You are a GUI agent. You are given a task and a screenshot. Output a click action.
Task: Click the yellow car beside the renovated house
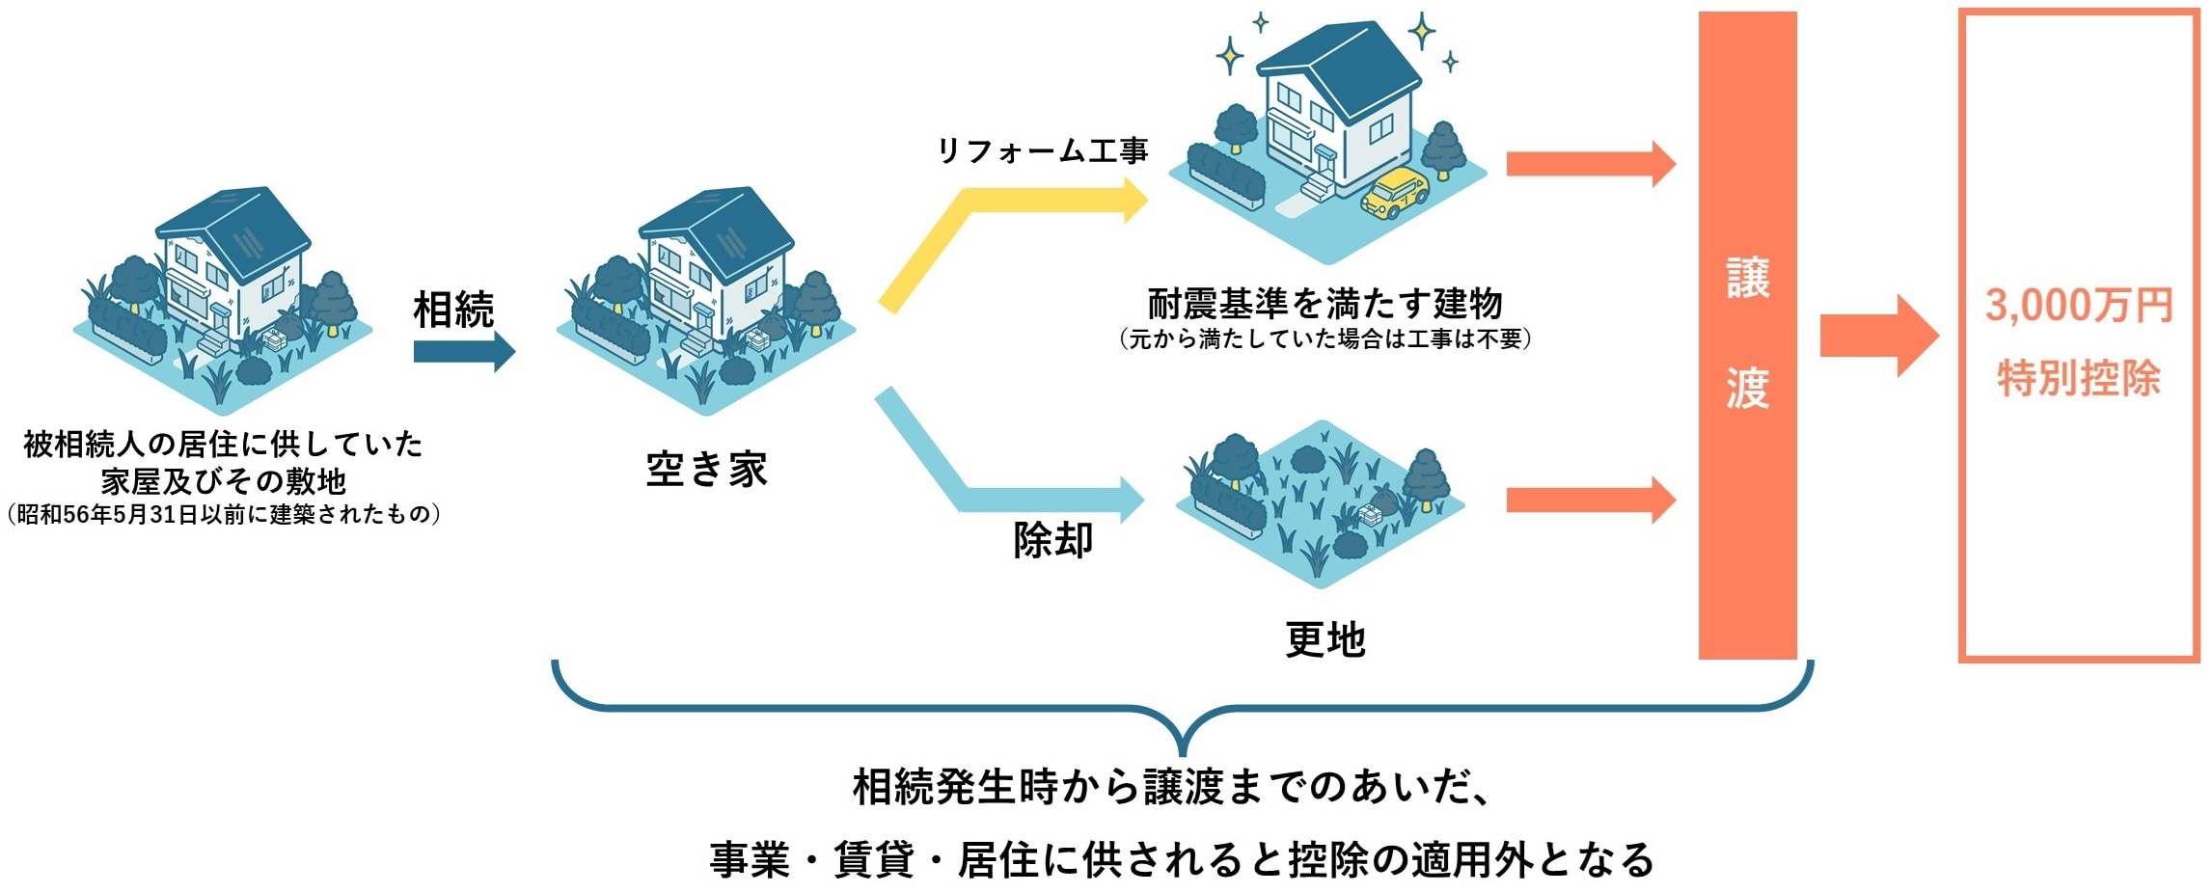pyautogui.click(x=1394, y=193)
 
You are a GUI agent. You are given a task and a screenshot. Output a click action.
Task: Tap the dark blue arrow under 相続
pyautogui.click(x=463, y=352)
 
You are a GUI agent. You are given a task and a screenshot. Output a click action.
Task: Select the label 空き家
pyautogui.click(x=706, y=470)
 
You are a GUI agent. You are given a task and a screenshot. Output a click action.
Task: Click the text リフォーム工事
pyautogui.click(x=1043, y=150)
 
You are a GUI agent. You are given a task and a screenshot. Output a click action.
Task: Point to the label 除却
pyautogui.click(x=1052, y=540)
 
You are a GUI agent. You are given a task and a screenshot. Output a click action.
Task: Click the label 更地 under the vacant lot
pyautogui.click(x=1325, y=638)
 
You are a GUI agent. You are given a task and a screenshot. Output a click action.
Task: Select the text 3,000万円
pyautogui.click(x=2078, y=306)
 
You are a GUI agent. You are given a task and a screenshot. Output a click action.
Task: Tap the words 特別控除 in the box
pyautogui.click(x=2078, y=378)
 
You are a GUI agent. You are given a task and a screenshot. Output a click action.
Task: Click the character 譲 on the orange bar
pyautogui.click(x=1747, y=278)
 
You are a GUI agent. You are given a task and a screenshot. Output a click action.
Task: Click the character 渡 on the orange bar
pyautogui.click(x=1747, y=388)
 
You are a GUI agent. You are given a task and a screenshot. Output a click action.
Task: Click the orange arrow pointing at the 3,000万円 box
pyautogui.click(x=1876, y=336)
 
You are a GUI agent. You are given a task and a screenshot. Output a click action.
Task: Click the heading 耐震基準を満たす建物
pyautogui.click(x=1324, y=304)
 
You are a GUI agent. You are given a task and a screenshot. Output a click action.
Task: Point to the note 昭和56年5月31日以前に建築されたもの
pyautogui.click(x=223, y=514)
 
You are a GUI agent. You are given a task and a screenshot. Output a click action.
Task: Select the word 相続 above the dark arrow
pyautogui.click(x=453, y=310)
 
